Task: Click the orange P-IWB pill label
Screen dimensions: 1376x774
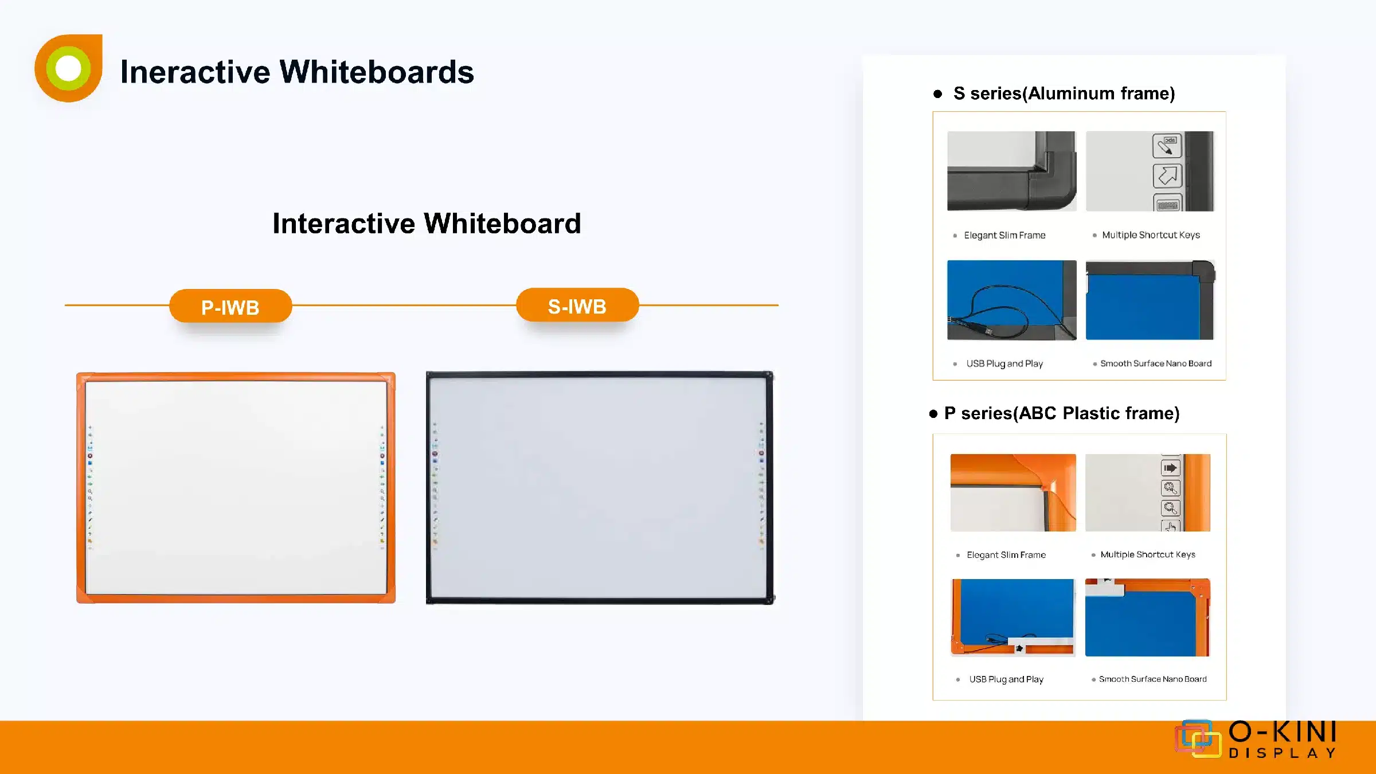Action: [230, 306]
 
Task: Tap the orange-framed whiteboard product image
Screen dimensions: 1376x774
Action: [236, 487]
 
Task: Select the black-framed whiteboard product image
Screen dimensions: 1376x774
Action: [600, 487]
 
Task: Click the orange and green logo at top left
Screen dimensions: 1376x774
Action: [69, 68]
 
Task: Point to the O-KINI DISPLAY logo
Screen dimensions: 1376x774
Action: [1256, 739]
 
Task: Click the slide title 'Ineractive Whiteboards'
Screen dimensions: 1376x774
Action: [297, 72]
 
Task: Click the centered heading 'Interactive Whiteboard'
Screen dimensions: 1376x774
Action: [427, 223]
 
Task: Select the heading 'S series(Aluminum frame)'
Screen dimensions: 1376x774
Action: [1064, 93]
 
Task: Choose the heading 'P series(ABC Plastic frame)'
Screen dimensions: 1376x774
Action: [1062, 413]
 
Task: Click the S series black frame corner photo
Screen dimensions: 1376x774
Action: [1012, 171]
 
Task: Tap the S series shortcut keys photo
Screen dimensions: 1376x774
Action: [1150, 171]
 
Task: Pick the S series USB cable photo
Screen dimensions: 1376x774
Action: [1012, 300]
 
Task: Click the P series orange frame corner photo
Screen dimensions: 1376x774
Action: [1013, 492]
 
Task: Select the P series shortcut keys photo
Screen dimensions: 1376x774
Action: [1148, 492]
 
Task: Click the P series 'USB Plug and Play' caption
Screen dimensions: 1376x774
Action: [1006, 679]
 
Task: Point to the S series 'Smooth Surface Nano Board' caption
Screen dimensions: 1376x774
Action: [1156, 363]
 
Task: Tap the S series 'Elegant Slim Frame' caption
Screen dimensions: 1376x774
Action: [1004, 235]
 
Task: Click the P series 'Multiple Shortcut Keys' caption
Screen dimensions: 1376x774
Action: [1148, 554]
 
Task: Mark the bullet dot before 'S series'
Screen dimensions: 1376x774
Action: [937, 94]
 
